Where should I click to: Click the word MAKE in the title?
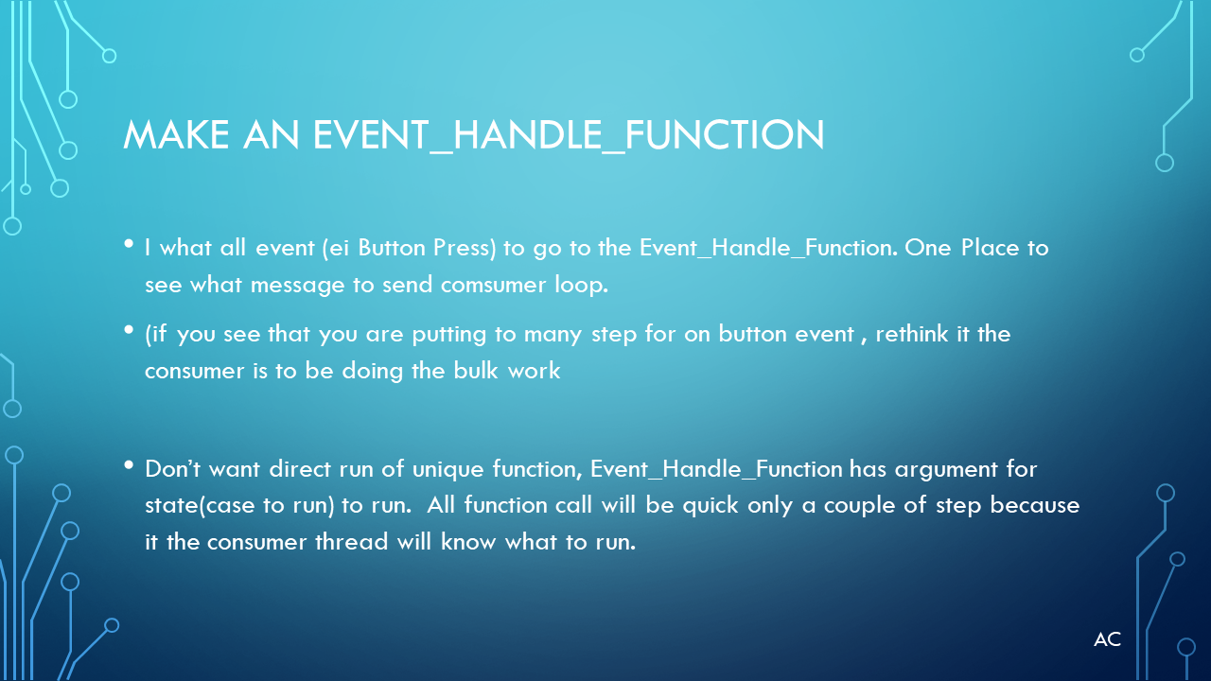coord(176,134)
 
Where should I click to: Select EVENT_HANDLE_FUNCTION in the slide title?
coord(569,135)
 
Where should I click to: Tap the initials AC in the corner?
coord(1107,639)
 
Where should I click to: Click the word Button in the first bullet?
coord(392,248)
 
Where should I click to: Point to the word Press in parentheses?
coord(465,248)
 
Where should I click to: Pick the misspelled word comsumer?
coord(493,285)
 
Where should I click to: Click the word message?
coord(297,286)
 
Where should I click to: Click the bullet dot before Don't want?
coord(129,464)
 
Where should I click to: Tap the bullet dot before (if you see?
coord(129,330)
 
